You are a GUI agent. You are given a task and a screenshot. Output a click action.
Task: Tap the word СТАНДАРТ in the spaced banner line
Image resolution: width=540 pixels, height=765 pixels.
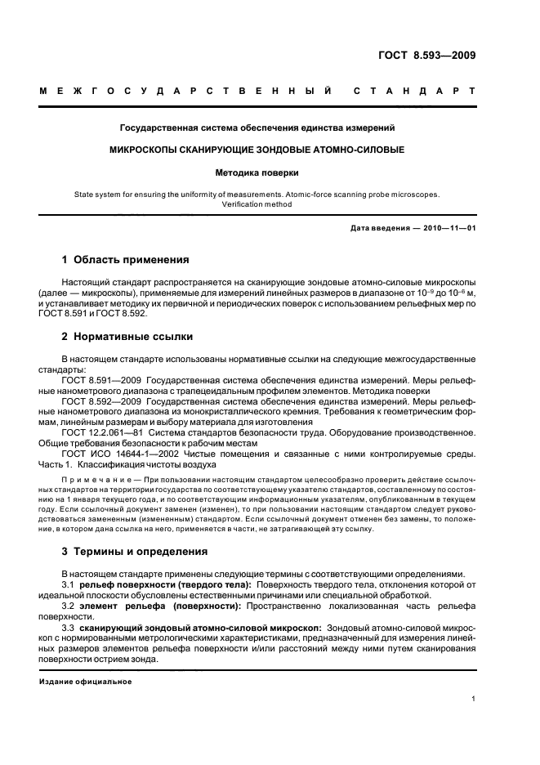(414, 91)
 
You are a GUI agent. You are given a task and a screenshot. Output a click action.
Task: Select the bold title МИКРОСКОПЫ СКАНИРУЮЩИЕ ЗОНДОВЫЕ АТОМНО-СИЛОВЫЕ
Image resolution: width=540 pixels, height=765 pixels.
(257, 150)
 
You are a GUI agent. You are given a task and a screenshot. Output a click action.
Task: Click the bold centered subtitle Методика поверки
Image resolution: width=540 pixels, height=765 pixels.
(257, 173)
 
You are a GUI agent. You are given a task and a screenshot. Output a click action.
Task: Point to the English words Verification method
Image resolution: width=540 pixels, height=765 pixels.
(257, 204)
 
